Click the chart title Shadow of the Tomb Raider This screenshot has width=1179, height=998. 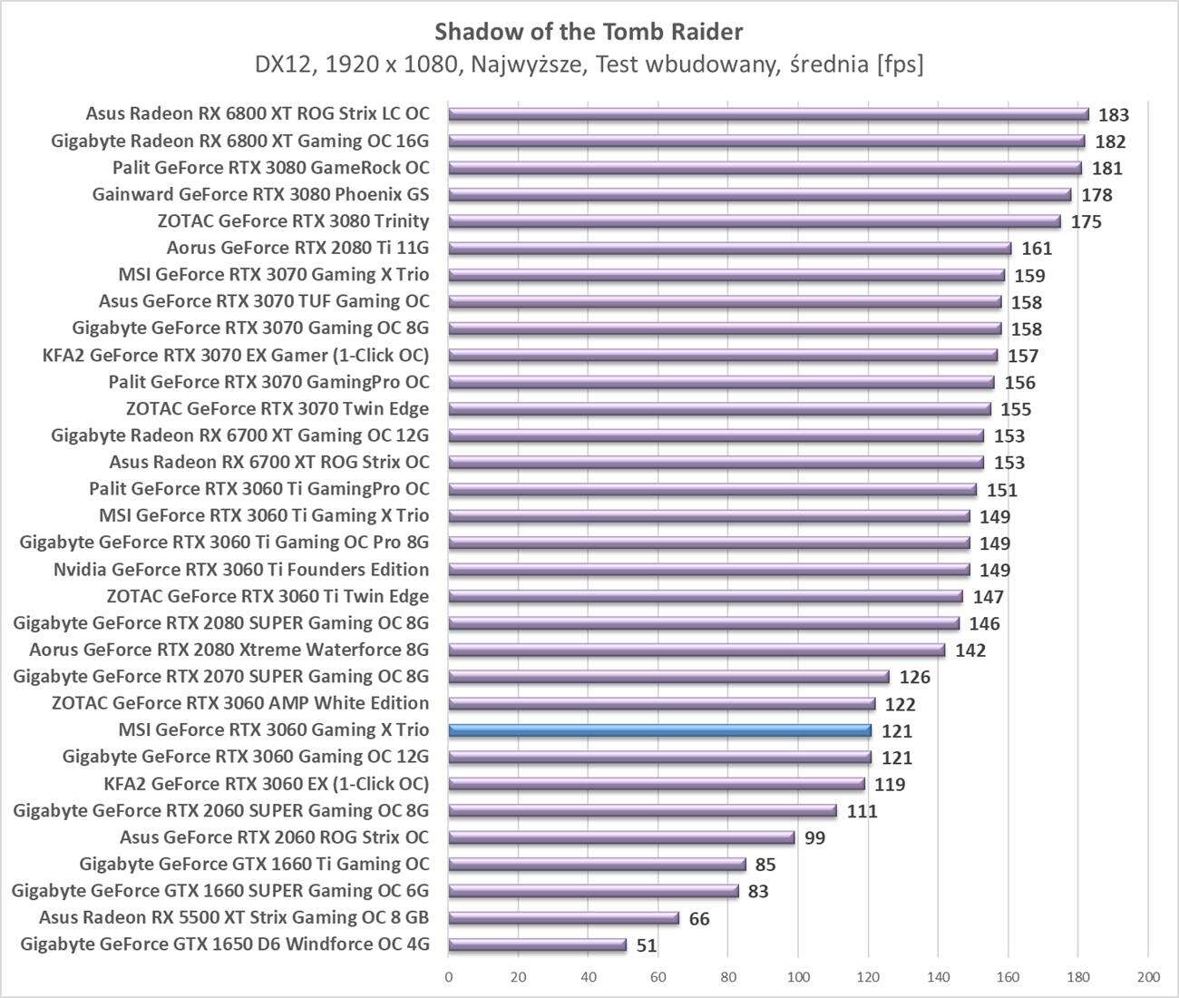(x=589, y=32)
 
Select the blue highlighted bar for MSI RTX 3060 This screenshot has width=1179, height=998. (x=659, y=730)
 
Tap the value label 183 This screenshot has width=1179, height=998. (x=1113, y=115)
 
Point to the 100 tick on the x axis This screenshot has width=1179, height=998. (x=798, y=977)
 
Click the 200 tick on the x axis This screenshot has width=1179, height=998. (x=1147, y=977)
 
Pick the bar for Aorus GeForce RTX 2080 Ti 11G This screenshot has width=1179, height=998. (x=729, y=248)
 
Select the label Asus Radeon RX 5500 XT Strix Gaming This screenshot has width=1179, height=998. (x=234, y=917)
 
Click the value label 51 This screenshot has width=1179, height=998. (x=646, y=945)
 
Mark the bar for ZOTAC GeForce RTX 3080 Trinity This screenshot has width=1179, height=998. (x=754, y=221)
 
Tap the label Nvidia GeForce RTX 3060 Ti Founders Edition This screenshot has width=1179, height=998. (x=241, y=570)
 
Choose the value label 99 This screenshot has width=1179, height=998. (x=814, y=838)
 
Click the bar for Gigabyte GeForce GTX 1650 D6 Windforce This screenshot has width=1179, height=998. (x=537, y=944)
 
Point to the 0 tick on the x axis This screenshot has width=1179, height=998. (x=449, y=977)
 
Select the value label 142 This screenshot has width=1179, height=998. (x=970, y=651)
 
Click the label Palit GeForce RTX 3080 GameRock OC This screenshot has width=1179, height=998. (x=271, y=168)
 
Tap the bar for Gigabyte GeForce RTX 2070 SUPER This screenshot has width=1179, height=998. (x=668, y=677)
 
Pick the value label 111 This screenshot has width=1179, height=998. (x=862, y=811)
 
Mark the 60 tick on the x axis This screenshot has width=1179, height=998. (x=658, y=977)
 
